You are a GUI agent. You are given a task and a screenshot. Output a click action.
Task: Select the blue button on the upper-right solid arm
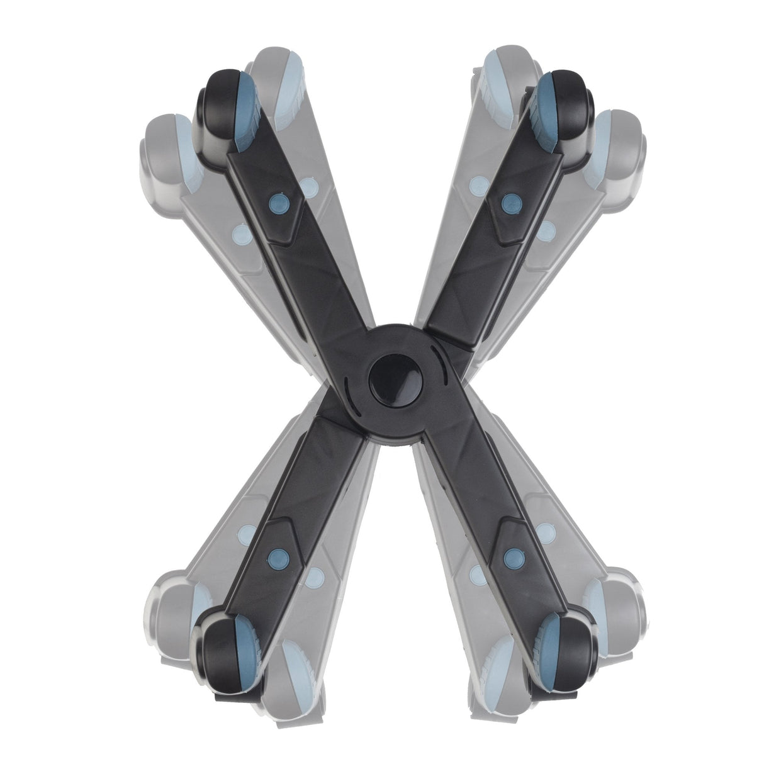click(508, 201)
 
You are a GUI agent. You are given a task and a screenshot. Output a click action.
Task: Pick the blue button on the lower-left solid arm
click(276, 555)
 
